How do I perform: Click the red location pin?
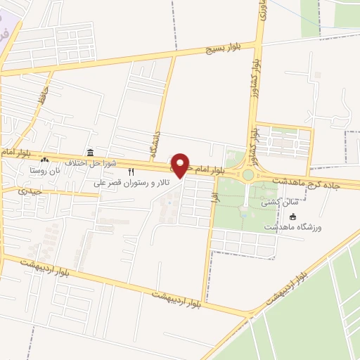(181, 165)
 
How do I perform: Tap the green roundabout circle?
(248, 175)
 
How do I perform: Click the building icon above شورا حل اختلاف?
(89, 153)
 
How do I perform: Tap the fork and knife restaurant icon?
(130, 172)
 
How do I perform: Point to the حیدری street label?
(31, 191)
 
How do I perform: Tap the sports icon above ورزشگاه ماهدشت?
(293, 217)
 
